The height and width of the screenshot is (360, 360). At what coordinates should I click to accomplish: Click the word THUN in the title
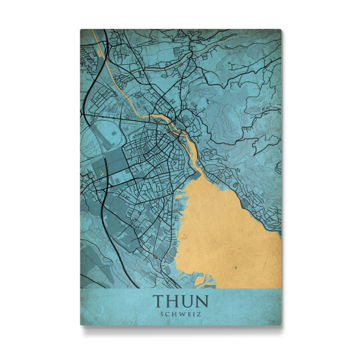coord(180,301)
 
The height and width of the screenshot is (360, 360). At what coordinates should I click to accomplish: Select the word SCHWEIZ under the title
coord(180,313)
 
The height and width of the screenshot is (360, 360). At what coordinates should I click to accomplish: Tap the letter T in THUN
coord(159,301)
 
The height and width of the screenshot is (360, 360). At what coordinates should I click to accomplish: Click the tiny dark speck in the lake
coord(236,265)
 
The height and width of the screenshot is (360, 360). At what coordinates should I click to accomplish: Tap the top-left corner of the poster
coord(81,29)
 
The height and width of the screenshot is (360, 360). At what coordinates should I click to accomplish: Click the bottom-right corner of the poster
coord(281,325)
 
